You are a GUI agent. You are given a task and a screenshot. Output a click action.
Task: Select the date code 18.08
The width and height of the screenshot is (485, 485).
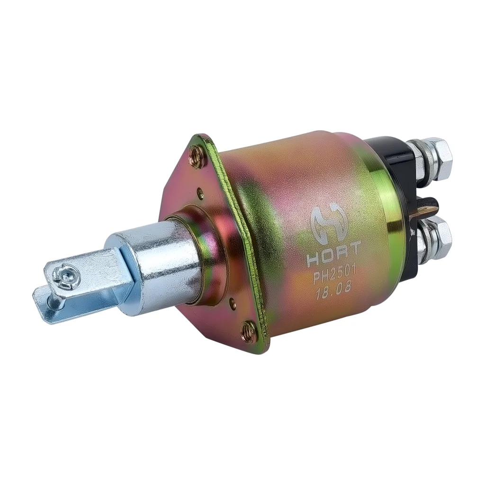pos(333,292)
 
